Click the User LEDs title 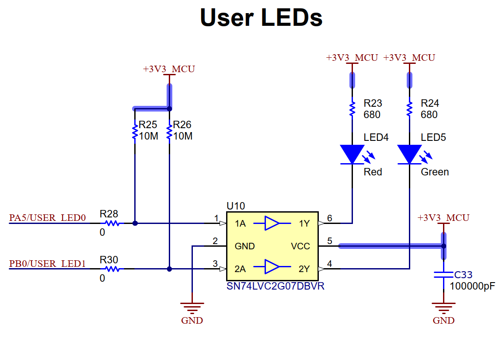pyautogui.click(x=261, y=17)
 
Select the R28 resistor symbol pyautogui.click(x=112, y=224)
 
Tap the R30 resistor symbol pyautogui.click(x=112, y=269)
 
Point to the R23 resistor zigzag pyautogui.click(x=352, y=109)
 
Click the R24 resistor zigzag pyautogui.click(x=409, y=109)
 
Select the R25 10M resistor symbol pyautogui.click(x=135, y=132)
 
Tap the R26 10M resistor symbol pyautogui.click(x=169, y=132)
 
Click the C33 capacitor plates pyautogui.click(x=443, y=275)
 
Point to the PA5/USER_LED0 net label pyautogui.click(x=47, y=218)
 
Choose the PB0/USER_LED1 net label pyautogui.click(x=47, y=264)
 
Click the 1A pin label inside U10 pyautogui.click(x=240, y=224)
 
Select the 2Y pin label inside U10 pyautogui.click(x=304, y=269)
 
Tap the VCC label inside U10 pyautogui.click(x=300, y=246)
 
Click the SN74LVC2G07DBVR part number pyautogui.click(x=275, y=286)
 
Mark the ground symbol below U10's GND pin pyautogui.click(x=192, y=308)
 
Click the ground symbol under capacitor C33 pyautogui.click(x=443, y=308)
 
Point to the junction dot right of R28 pyautogui.click(x=135, y=224)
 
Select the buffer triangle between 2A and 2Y pyautogui.click(x=272, y=267)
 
